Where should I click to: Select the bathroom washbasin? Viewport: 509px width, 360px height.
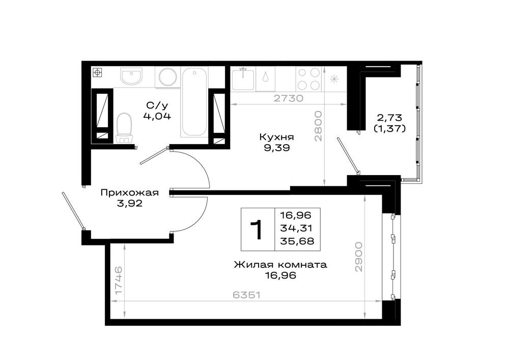[x=131, y=76]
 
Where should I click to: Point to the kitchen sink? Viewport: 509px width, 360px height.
[x=243, y=78]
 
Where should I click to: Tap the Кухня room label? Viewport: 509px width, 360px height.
[x=276, y=137]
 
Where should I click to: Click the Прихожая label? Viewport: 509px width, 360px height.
[x=129, y=193]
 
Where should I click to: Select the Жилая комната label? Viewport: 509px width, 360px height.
[x=280, y=265]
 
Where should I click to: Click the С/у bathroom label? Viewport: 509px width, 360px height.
[x=157, y=105]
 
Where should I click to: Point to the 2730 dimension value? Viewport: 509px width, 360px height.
[x=288, y=98]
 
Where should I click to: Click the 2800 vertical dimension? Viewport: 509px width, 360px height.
[x=318, y=126]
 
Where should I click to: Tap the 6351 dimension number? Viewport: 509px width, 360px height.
[x=247, y=295]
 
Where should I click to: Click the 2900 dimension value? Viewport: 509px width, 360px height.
[x=358, y=257]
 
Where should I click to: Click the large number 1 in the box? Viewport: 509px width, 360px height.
[x=257, y=230]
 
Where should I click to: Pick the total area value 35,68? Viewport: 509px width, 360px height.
[x=297, y=241]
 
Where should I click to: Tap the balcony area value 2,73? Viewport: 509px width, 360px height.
[x=389, y=117]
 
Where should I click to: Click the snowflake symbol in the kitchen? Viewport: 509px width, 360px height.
[x=334, y=79]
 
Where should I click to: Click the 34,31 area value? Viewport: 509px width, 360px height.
[x=296, y=228]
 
